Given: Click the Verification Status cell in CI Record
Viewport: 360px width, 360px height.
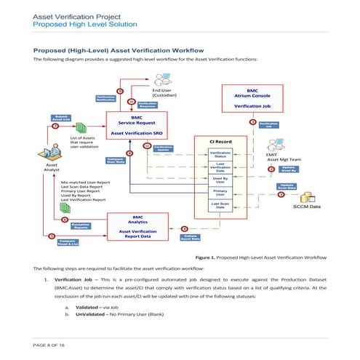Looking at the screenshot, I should click(220, 155).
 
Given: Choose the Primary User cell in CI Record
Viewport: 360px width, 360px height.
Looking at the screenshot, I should click(220, 193).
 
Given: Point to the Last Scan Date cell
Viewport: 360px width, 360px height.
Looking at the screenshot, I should click(220, 206).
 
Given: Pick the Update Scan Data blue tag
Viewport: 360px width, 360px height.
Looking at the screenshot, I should click(287, 186).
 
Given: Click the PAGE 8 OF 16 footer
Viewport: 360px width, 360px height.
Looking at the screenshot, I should click(49, 343).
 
